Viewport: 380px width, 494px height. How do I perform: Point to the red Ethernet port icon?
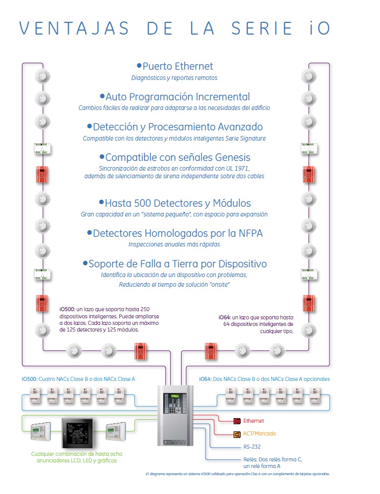237,421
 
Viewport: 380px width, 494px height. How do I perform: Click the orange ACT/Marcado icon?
237,434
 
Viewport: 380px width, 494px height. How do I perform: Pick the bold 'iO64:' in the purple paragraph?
226,316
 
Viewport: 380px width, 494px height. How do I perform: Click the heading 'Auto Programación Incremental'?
178,97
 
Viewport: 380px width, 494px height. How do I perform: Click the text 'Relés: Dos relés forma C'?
273,459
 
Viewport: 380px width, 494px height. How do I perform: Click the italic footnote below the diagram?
237,474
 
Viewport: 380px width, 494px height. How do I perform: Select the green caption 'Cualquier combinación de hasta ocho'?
77,454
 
